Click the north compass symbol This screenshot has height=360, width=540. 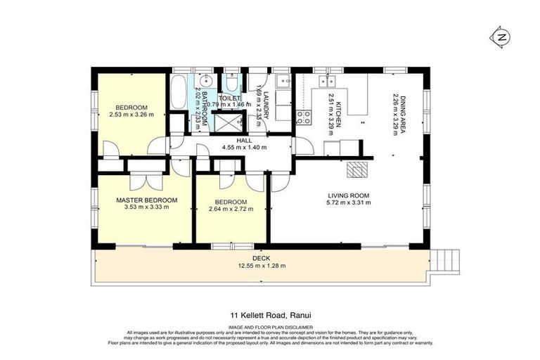(x=501, y=37)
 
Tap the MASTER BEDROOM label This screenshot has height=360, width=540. (x=146, y=200)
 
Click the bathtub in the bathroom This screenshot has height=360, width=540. (x=179, y=92)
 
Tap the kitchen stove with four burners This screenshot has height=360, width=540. (x=304, y=116)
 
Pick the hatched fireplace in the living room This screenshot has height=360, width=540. (x=359, y=169)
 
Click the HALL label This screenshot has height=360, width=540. (x=244, y=141)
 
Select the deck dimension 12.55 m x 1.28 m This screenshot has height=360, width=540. (x=261, y=266)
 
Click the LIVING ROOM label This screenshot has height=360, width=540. (x=349, y=195)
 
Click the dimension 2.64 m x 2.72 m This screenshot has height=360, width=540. (x=231, y=209)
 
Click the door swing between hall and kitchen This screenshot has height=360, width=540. (x=304, y=146)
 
